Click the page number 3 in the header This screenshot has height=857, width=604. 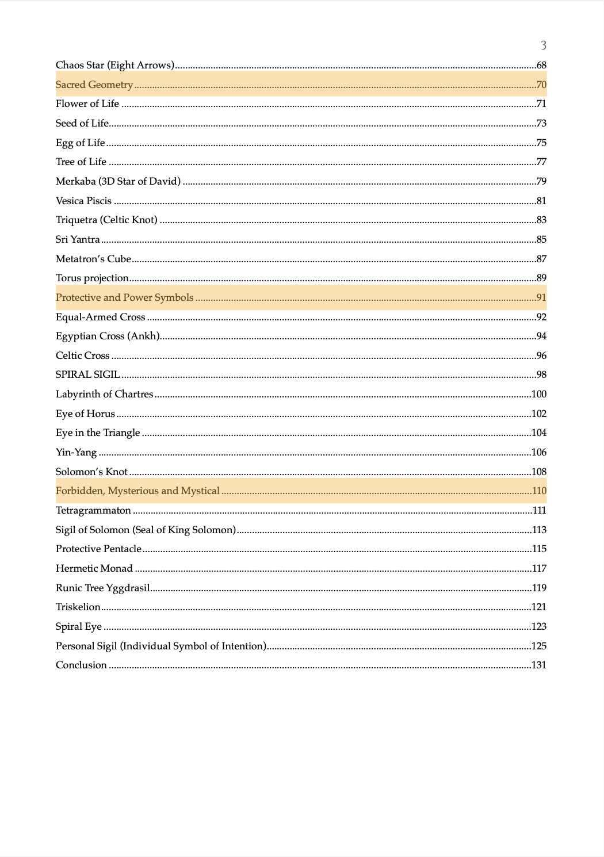(543, 45)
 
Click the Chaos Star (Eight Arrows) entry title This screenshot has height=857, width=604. (115, 66)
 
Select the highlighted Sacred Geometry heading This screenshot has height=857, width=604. (94, 85)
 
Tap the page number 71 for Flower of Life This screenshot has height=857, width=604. (541, 104)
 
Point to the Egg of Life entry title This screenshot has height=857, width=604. (81, 143)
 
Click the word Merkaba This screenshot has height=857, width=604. (76, 182)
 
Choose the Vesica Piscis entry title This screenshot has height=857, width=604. (83, 201)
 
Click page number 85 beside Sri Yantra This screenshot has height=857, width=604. (541, 240)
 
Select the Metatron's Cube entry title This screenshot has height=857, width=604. (93, 259)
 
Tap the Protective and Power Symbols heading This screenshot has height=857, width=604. (124, 298)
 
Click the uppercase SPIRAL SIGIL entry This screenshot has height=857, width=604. (87, 375)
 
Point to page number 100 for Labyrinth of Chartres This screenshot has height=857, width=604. (538, 395)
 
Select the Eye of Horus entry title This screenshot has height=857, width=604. (85, 414)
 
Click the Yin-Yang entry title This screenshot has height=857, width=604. (76, 453)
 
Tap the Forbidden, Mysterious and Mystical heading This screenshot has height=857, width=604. (137, 491)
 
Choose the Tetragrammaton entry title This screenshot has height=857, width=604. (93, 511)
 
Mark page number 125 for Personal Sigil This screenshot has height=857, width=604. (538, 646)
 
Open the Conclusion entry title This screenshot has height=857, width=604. (81, 665)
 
